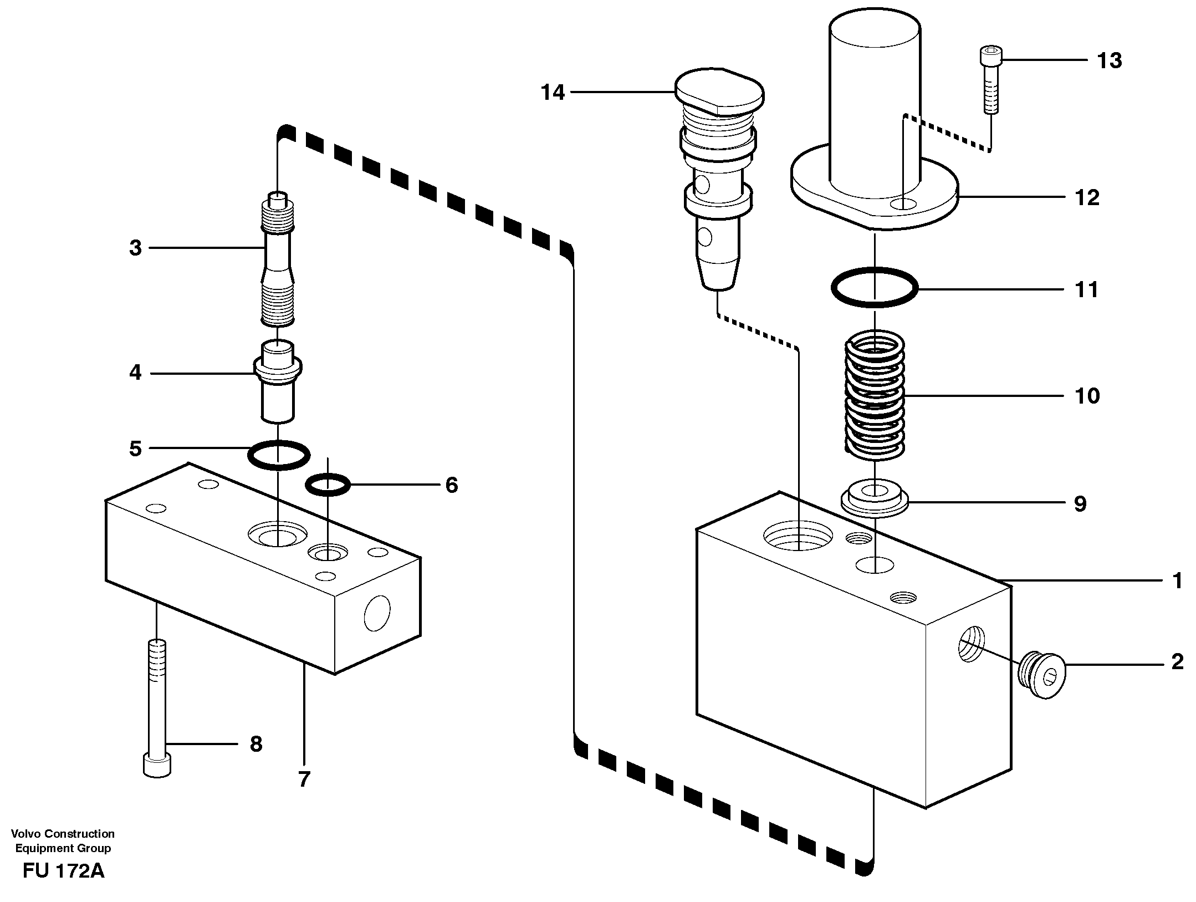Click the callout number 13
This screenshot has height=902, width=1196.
pyautogui.click(x=1110, y=60)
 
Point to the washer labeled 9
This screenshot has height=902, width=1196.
pyautogui.click(x=875, y=497)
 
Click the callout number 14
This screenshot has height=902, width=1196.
pyautogui.click(x=553, y=93)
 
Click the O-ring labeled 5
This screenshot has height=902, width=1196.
pyautogui.click(x=278, y=455)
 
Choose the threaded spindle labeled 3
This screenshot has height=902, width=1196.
pyautogui.click(x=278, y=261)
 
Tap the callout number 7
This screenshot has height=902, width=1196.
pyautogui.click(x=304, y=779)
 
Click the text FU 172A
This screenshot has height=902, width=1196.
pyautogui.click(x=64, y=872)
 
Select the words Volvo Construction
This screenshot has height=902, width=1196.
pyautogui.click(x=63, y=834)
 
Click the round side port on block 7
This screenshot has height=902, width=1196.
pyautogui.click(x=377, y=613)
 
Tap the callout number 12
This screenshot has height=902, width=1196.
pyautogui.click(x=1087, y=197)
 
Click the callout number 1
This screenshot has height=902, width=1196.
pyautogui.click(x=1177, y=580)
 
